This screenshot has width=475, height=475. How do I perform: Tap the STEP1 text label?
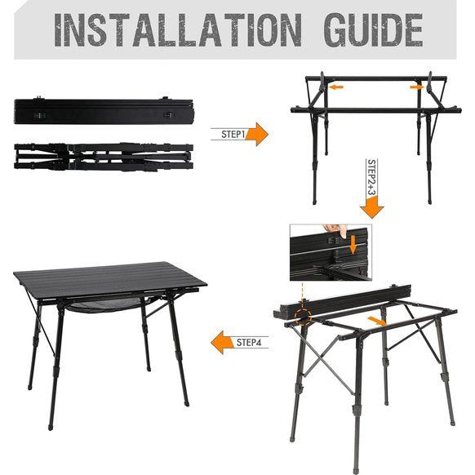[x=233, y=134]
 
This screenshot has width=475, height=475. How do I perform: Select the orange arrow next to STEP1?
[x=257, y=134]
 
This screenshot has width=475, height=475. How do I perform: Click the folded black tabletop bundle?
[x=103, y=112]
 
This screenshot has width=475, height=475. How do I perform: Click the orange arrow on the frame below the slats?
[x=376, y=321]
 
